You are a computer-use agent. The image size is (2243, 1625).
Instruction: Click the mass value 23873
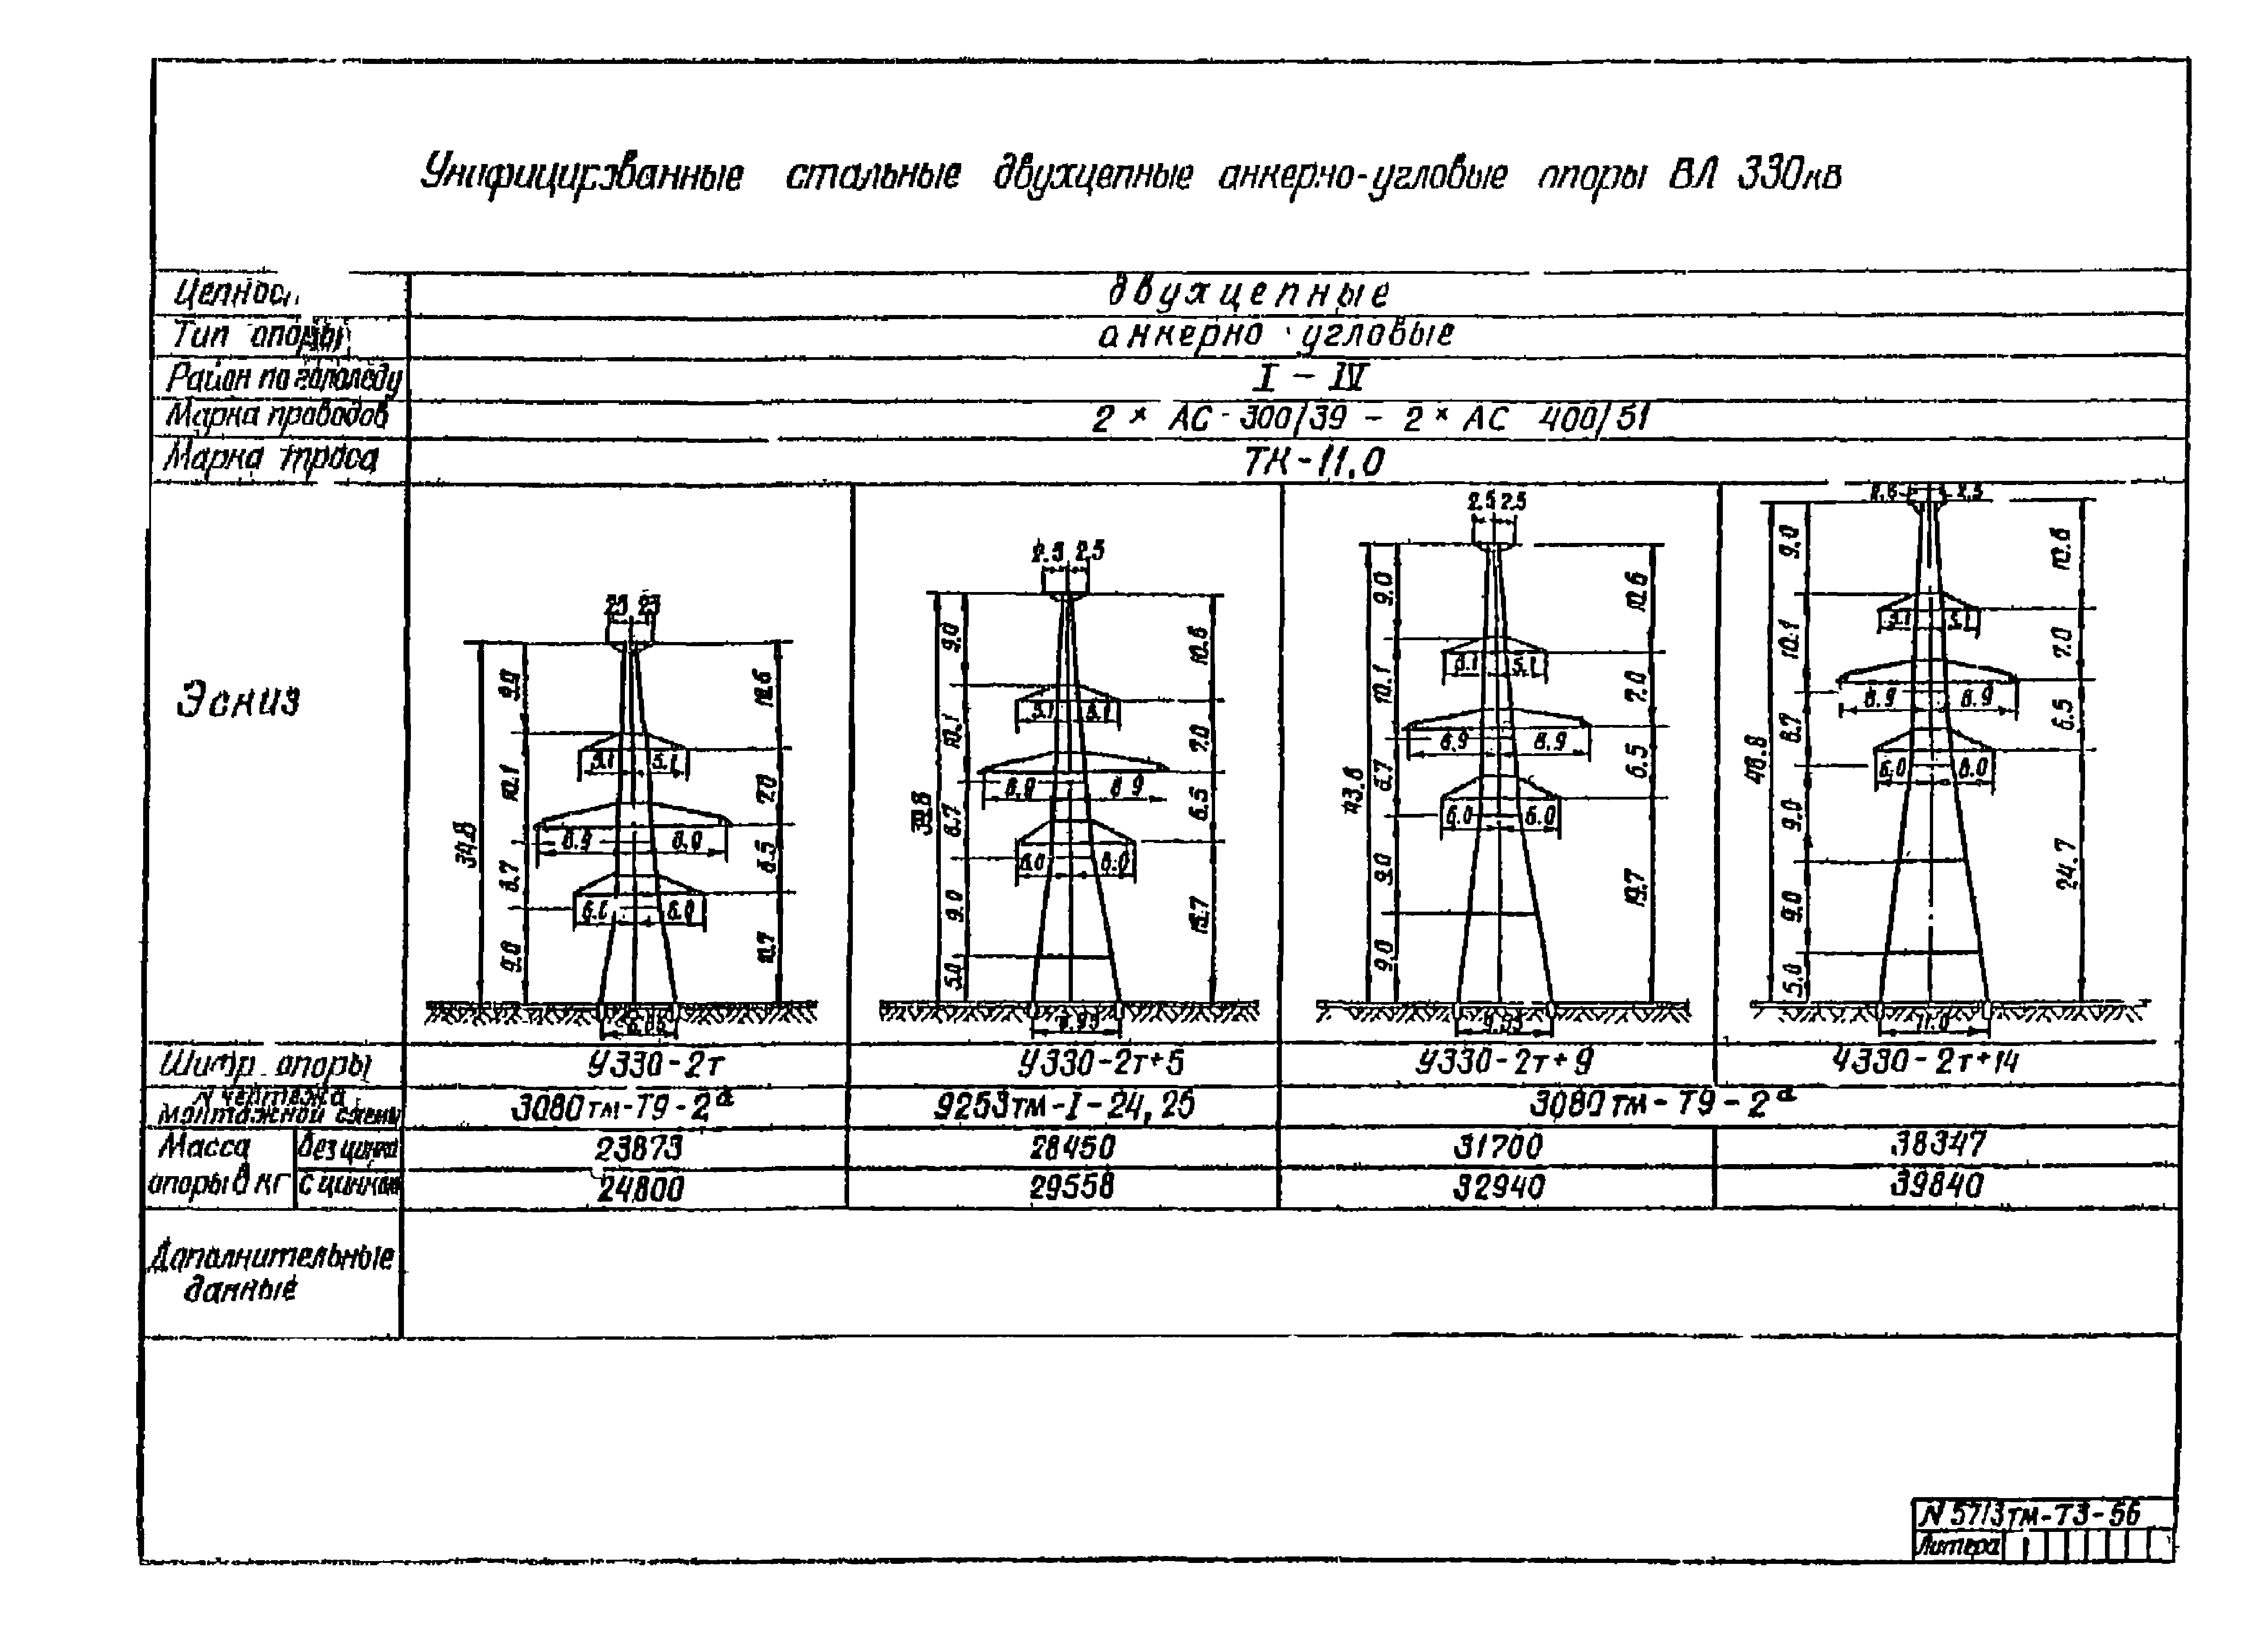[x=638, y=1148]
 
